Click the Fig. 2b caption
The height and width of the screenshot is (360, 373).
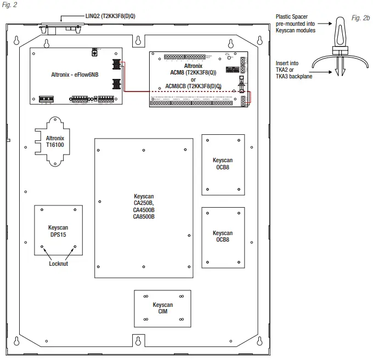coord(360,18)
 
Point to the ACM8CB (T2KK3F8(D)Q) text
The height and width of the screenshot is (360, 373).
coord(194,86)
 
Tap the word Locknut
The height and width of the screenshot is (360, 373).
coord(58,264)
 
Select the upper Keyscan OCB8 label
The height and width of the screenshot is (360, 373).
coord(222,164)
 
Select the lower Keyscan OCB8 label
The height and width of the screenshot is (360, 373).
coord(222,237)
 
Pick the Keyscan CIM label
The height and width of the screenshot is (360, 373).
coord(162,308)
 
